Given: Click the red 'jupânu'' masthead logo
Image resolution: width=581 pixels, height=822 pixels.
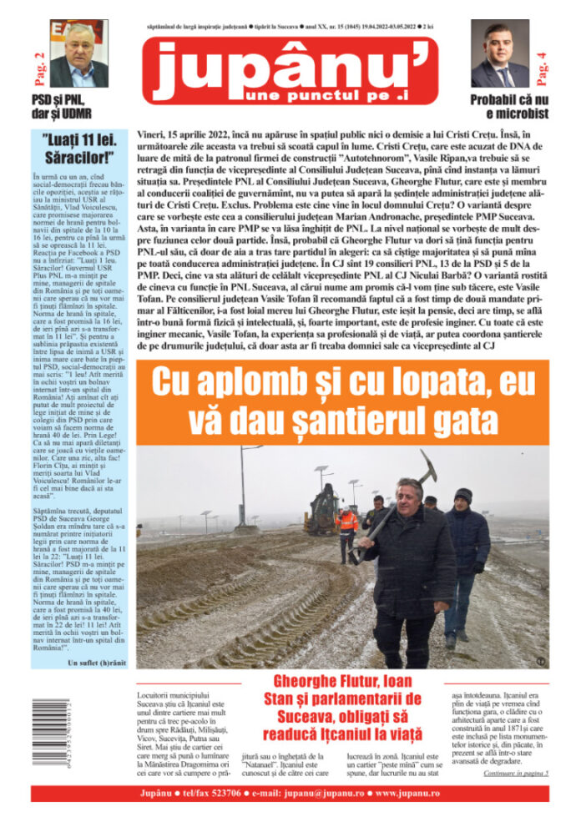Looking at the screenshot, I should click(290, 71).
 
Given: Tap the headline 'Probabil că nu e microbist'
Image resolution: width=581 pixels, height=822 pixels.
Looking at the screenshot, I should click(501, 108).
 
